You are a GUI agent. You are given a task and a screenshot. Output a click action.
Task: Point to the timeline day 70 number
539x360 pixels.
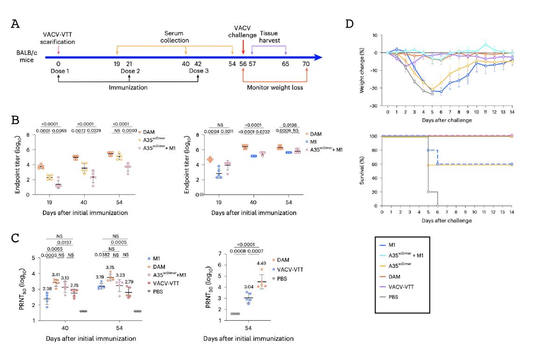click(x=306, y=64)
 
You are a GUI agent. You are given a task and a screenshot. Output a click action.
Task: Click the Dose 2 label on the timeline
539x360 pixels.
click(x=129, y=71)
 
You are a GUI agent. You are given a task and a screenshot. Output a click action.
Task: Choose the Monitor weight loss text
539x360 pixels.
click(x=277, y=87)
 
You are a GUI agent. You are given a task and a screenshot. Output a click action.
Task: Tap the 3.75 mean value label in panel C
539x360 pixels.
click(x=110, y=268)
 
